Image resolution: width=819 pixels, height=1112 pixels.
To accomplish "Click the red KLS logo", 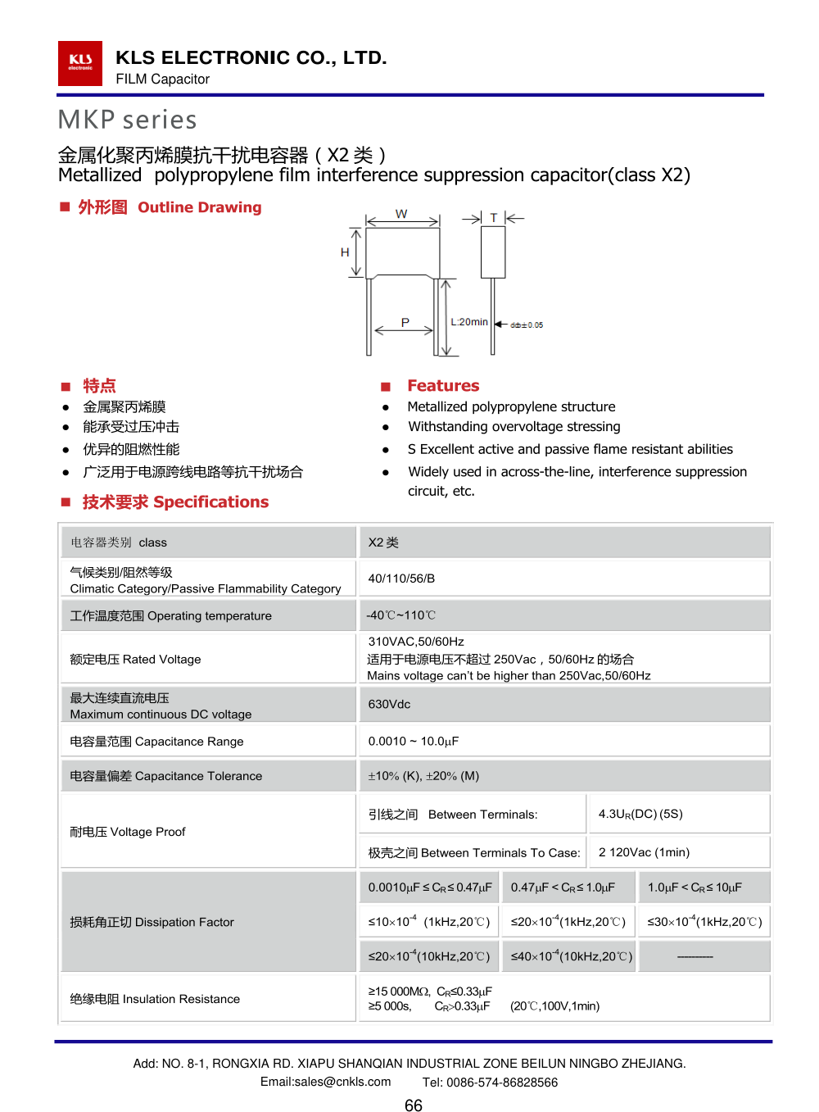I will (79, 63).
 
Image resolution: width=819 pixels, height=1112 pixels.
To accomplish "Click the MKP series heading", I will (127, 120).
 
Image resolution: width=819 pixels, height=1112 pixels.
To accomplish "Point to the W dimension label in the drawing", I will (401, 214).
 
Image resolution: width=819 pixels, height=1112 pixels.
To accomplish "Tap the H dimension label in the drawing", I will (345, 252).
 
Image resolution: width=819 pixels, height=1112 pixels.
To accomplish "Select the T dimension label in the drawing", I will (494, 218).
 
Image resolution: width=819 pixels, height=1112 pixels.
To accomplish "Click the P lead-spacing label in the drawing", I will (405, 322).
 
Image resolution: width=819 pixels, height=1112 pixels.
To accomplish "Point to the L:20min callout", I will (468, 322).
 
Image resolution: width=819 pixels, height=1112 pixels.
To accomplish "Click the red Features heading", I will (443, 385).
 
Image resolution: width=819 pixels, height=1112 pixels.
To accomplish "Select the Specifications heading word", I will (210, 502).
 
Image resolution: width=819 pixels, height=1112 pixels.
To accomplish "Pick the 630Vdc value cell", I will (389, 704).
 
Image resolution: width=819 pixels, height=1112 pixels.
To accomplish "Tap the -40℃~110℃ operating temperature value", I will (401, 615).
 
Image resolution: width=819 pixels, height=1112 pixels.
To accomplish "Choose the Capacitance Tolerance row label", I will (166, 776).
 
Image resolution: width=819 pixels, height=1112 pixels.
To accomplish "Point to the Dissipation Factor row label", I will (152, 922).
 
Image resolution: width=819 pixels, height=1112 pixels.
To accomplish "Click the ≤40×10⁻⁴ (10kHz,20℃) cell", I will (572, 956).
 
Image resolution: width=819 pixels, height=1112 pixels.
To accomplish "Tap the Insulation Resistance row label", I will (155, 999).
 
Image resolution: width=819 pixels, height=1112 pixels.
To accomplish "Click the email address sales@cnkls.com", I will (325, 1082).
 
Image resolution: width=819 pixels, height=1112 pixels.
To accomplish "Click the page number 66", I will (414, 1105).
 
